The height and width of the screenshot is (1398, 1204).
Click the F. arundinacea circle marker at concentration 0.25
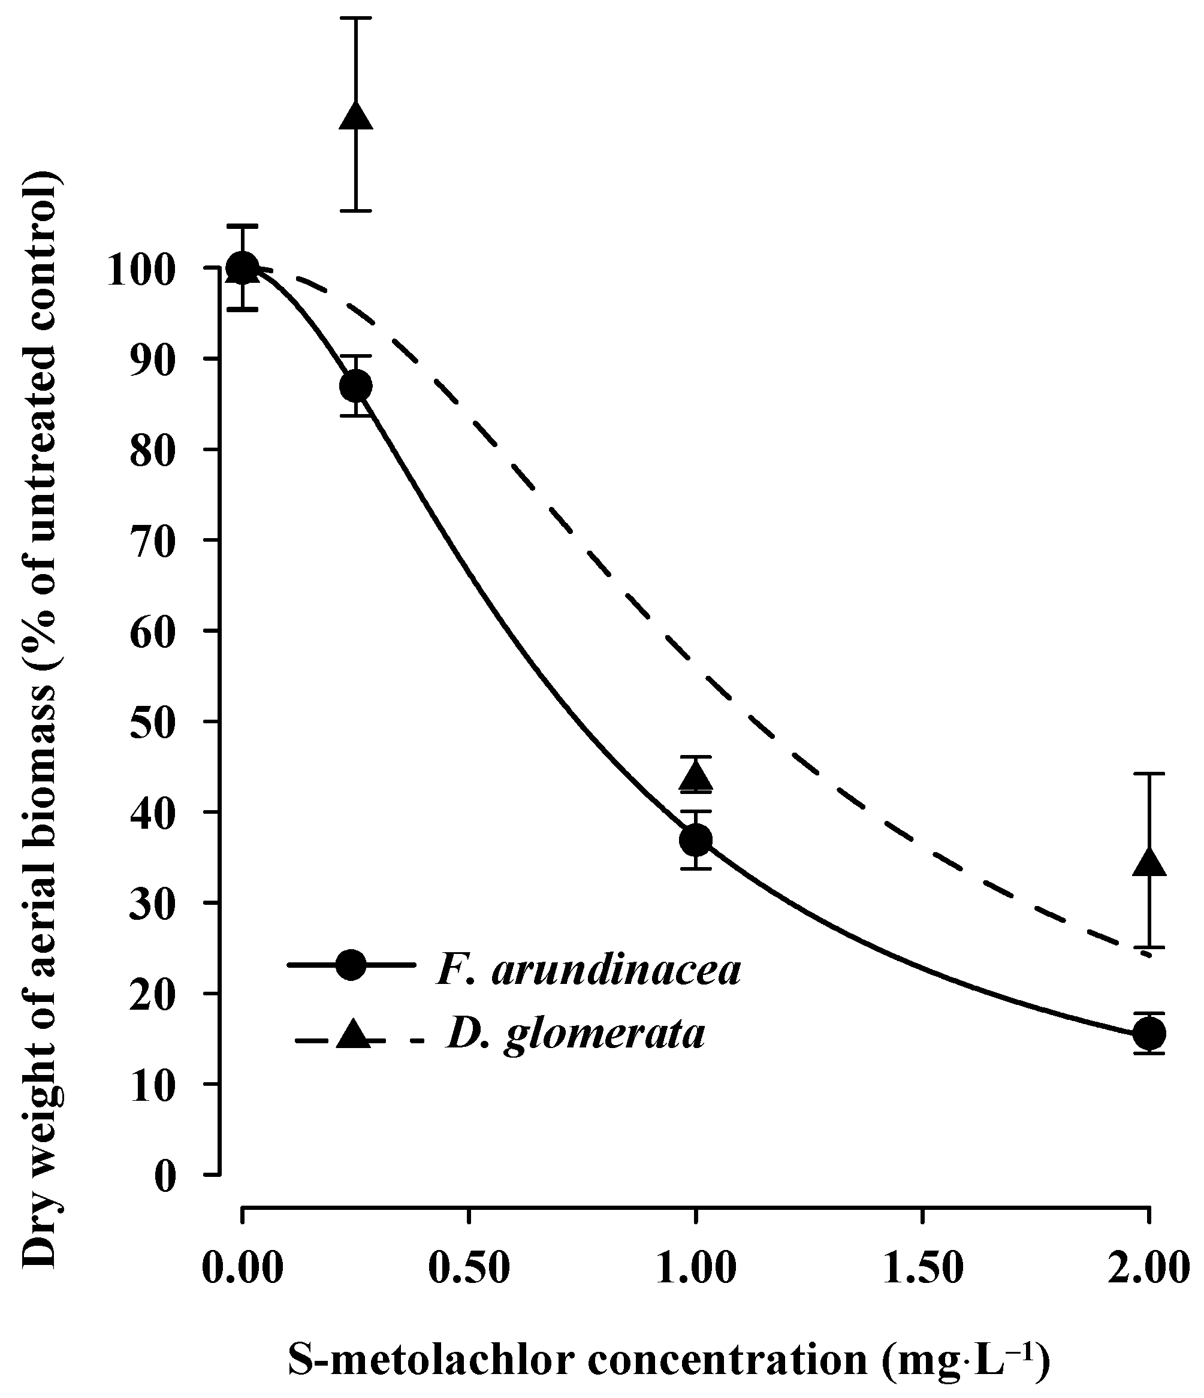(x=355, y=386)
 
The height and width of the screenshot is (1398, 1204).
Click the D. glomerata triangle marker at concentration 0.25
(x=355, y=117)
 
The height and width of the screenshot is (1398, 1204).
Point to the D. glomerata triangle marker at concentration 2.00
(x=1149, y=863)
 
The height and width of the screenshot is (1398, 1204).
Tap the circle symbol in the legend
(x=352, y=965)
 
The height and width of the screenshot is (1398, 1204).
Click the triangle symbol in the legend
(x=354, y=1034)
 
